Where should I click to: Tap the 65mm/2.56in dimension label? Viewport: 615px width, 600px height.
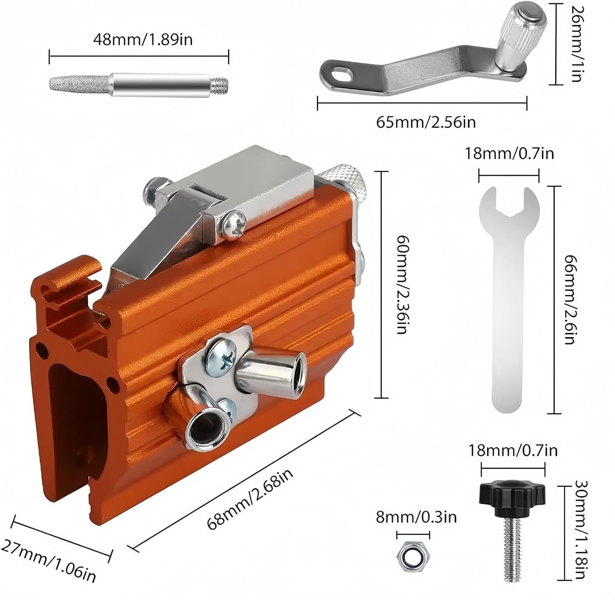(426, 122)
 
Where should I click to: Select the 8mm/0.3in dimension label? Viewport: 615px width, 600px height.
(416, 517)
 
